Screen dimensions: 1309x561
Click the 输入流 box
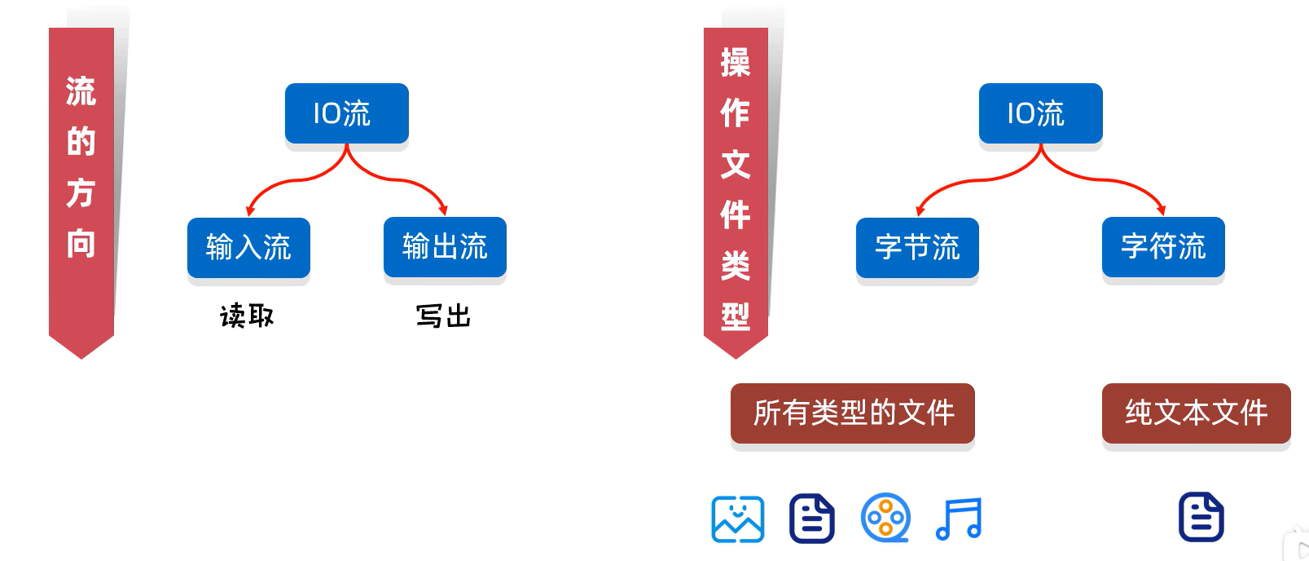[248, 247]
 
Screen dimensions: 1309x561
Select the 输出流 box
[445, 246]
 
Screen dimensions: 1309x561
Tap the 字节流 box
[917, 247]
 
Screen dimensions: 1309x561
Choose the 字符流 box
[1163, 246]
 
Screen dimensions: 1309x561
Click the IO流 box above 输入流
[346, 113]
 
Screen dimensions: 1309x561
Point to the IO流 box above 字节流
[1040, 113]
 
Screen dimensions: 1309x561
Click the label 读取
[247, 316]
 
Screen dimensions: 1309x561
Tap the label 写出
[444, 316]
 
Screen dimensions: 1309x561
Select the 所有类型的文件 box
[853, 413]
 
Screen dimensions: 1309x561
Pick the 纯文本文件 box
[1196, 413]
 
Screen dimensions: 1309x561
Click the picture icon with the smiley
[738, 519]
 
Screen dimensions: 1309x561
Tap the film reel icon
[885, 518]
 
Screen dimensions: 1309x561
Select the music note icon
[960, 519]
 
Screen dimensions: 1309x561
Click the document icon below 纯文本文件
[1201, 517]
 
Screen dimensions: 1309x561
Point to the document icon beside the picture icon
[812, 519]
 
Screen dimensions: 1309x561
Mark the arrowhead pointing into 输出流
[442, 210]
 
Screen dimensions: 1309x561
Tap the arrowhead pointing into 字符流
[1161, 210]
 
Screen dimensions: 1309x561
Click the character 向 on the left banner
[81, 243]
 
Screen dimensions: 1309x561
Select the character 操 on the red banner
[736, 63]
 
